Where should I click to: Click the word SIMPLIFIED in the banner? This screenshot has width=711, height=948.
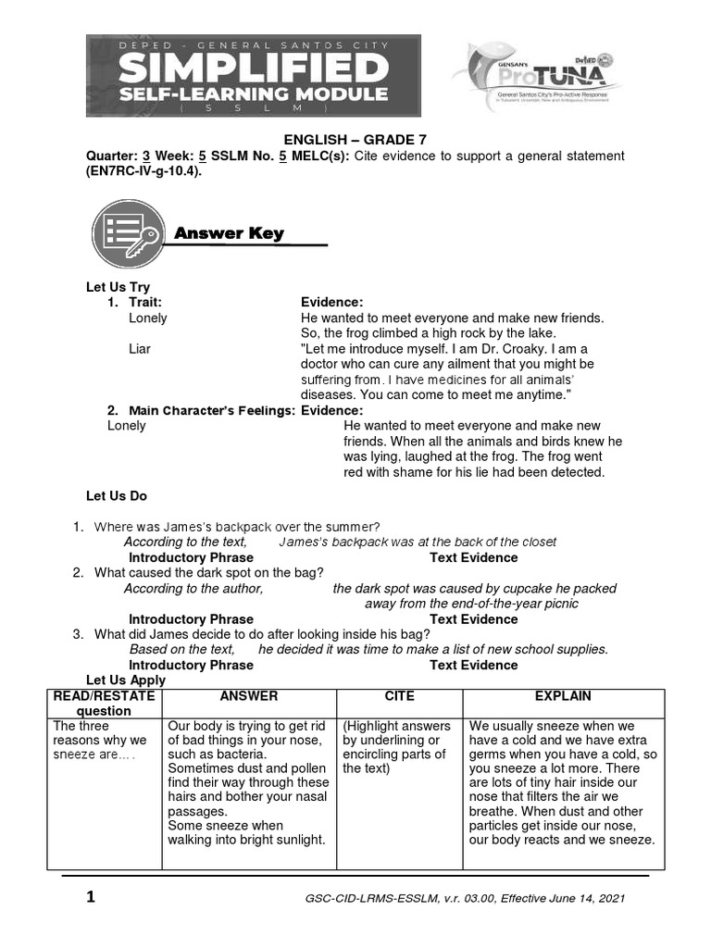click(253, 68)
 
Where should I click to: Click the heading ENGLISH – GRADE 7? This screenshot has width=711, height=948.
click(355, 140)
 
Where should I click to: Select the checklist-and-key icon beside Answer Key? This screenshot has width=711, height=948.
click(125, 232)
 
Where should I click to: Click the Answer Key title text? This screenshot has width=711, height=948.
click(229, 233)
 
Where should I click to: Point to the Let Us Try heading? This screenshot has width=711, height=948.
click(118, 287)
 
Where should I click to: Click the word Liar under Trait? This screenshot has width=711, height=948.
click(140, 349)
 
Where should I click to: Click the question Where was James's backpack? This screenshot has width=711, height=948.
click(237, 527)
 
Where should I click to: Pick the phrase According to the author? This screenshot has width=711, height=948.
click(193, 588)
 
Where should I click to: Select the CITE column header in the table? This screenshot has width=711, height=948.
click(399, 696)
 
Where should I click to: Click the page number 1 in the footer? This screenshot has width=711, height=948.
click(90, 897)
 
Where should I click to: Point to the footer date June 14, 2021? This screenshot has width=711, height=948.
click(596, 899)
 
